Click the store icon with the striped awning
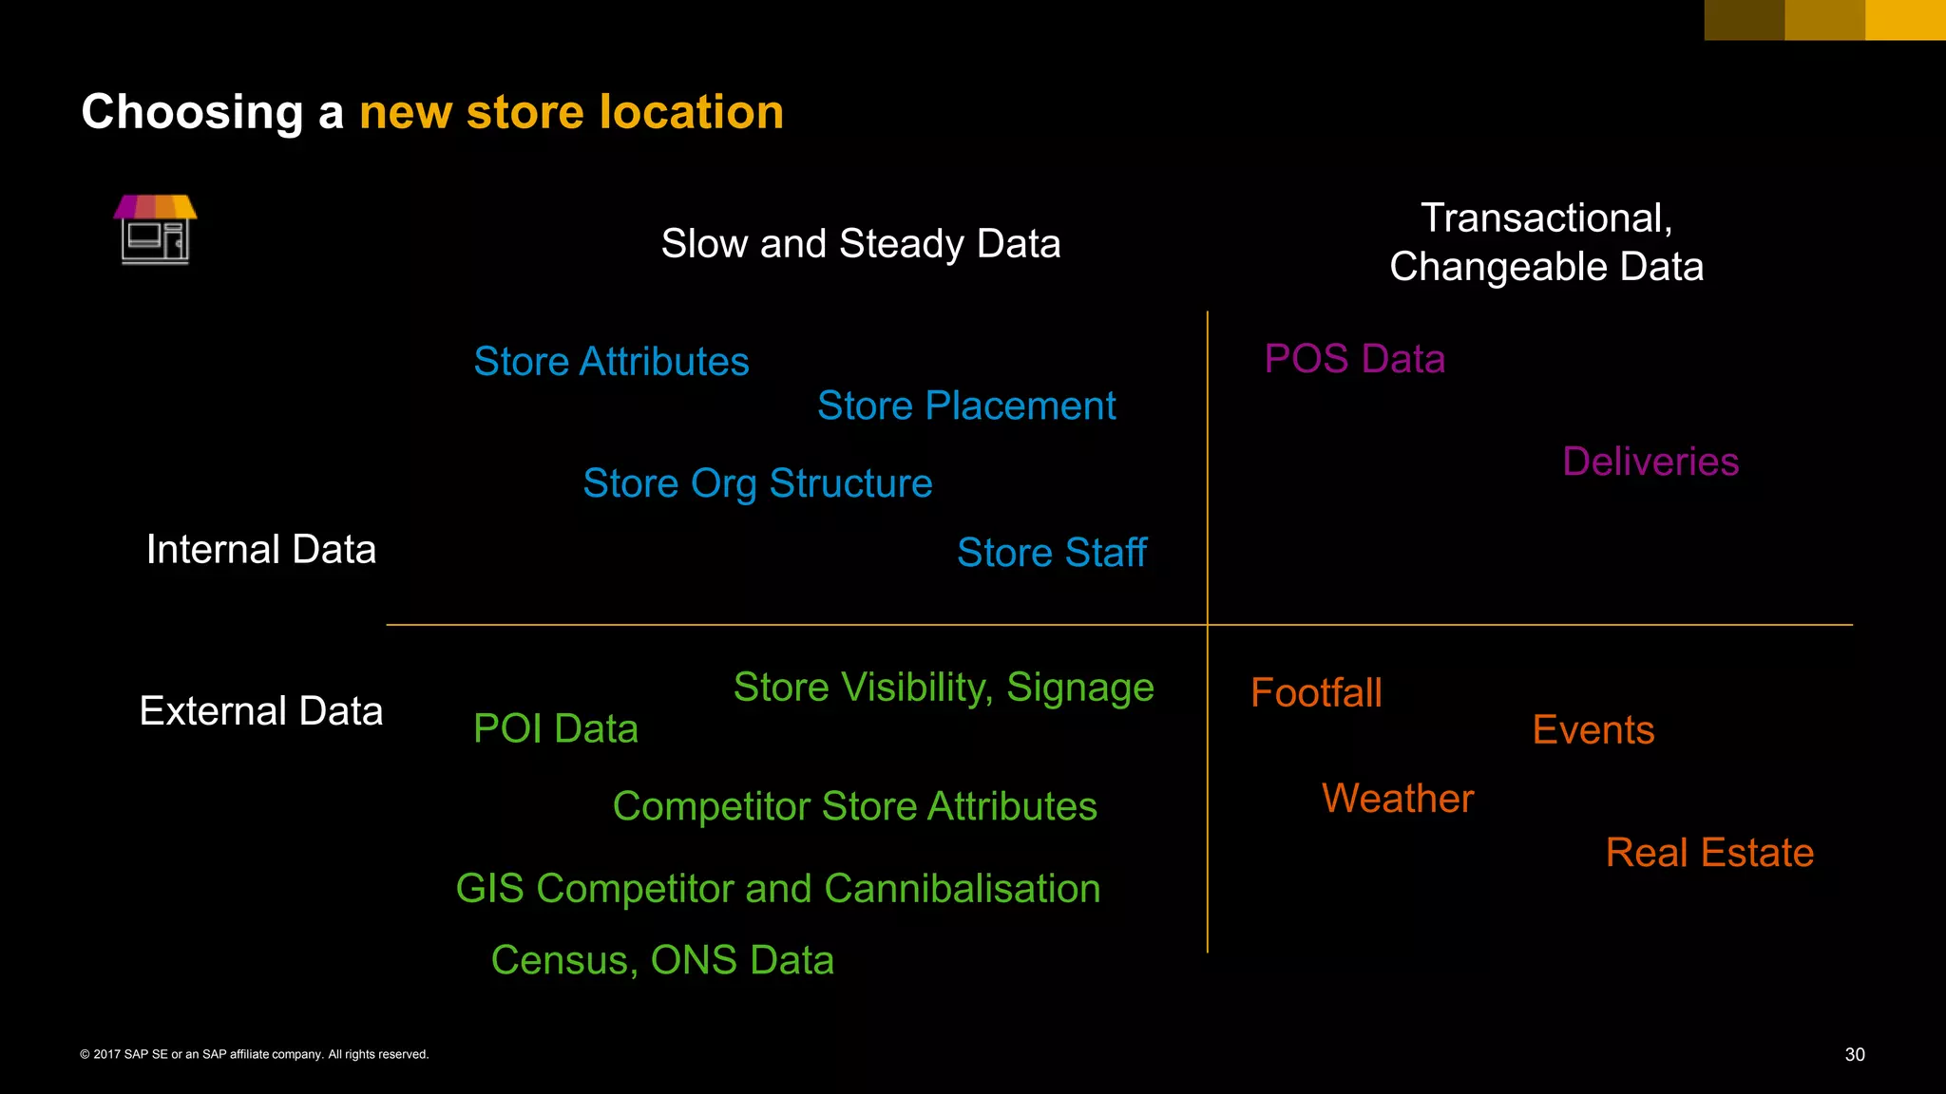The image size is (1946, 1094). coord(155,229)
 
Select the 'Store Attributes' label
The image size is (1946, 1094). coord(611,362)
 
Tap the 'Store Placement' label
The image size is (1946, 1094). coord(966,406)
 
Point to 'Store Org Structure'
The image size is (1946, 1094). coord(757,483)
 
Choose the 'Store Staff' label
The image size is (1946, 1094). coord(1051,553)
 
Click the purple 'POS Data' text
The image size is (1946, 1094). coord(1354,359)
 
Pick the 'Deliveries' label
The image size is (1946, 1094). coord(1650,462)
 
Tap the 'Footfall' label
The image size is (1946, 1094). coord(1316,693)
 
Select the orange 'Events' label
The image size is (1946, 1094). coord(1593,730)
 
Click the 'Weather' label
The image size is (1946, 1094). coord(1398,799)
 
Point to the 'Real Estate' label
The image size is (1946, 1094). coord(1709,853)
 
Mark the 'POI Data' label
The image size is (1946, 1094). coord(556,728)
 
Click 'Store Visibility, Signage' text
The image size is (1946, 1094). coord(944,688)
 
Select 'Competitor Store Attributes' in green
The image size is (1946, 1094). coord(854,806)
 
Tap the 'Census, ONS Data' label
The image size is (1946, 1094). coord(662,960)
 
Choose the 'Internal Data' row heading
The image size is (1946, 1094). coord(261,550)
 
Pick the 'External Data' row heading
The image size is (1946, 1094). coord(261,711)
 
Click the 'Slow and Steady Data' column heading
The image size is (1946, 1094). coord(861,244)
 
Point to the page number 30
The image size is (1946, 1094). coord(1855,1054)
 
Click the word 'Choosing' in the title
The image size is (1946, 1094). coord(192,112)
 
